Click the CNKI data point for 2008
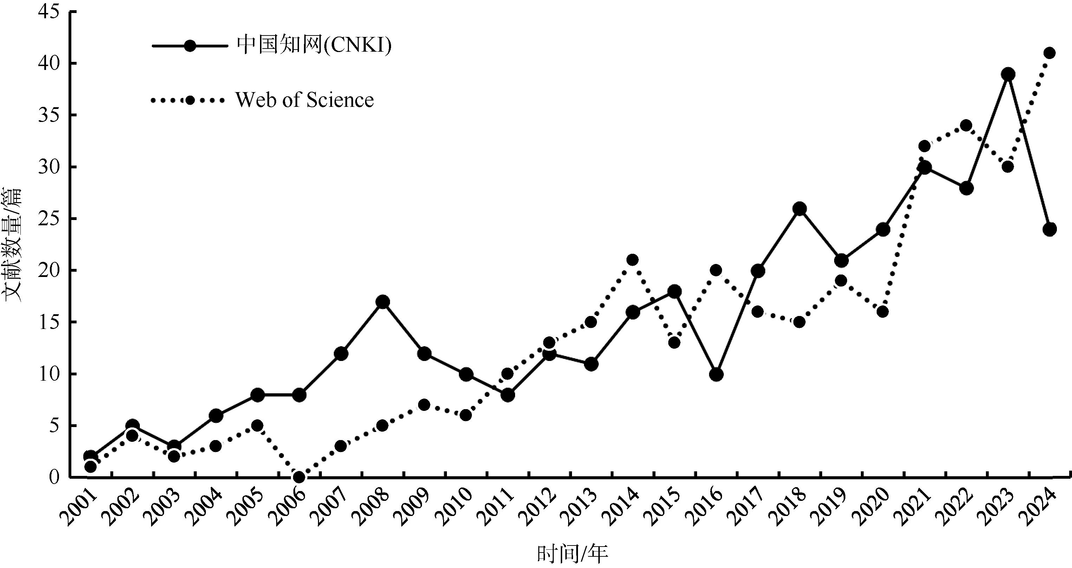point(382,302)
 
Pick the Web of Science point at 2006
point(299,477)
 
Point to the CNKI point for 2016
point(716,374)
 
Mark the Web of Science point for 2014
point(632,260)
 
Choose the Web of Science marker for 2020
point(882,312)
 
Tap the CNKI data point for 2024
point(1049,230)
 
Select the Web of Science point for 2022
point(966,125)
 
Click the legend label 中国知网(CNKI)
point(314,45)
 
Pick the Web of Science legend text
point(305,100)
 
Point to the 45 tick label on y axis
point(49,12)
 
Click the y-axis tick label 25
point(49,219)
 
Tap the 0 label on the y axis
point(54,477)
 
